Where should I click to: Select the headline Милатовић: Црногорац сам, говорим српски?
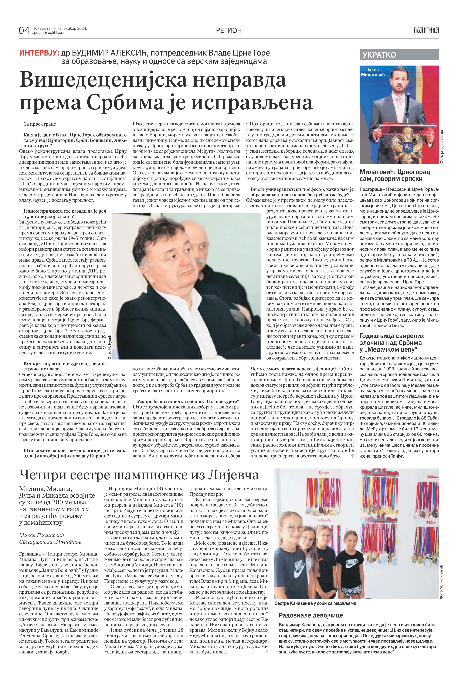coord(395,175)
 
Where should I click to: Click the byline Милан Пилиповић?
coord(42,535)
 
